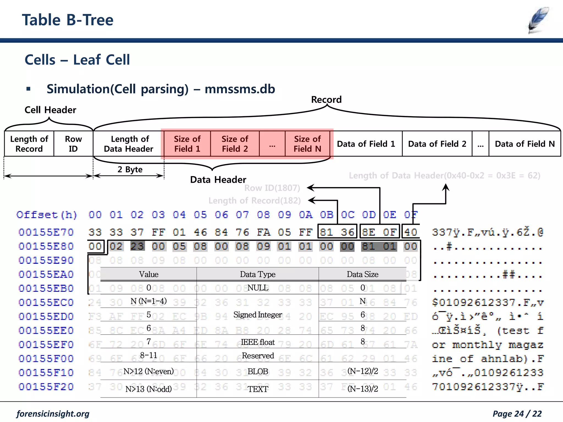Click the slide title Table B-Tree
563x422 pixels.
[68, 20]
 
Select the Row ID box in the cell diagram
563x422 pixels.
[73, 144]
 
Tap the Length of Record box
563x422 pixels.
[29, 144]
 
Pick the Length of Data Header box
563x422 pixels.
[128, 144]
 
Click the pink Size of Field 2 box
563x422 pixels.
[235, 144]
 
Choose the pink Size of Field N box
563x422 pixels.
[307, 144]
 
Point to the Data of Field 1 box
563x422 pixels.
[366, 144]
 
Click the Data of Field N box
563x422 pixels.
[525, 144]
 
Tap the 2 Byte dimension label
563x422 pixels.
[130, 169]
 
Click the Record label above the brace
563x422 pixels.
[326, 99]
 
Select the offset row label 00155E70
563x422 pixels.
[46, 232]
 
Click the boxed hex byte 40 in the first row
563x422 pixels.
[410, 232]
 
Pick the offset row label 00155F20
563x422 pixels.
[46, 387]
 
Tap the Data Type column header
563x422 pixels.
[258, 274]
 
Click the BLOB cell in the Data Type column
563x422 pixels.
[258, 371]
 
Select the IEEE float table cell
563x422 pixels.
[258, 342]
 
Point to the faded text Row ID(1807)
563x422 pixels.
[272, 188]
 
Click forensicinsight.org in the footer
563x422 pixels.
[53, 413]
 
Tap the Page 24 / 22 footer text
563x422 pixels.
[517, 413]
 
